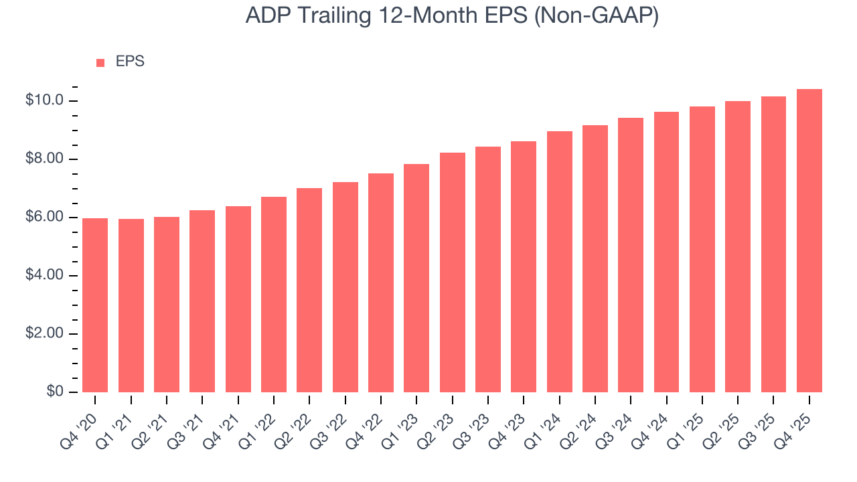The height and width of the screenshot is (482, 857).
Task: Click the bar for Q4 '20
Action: point(95,305)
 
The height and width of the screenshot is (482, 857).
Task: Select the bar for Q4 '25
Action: point(809,241)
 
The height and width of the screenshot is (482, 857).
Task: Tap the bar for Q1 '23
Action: point(416,278)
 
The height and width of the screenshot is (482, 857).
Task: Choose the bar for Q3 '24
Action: point(631,255)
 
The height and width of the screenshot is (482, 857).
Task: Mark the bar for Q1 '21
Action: point(131,306)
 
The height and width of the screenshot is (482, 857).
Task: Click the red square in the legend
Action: point(100,62)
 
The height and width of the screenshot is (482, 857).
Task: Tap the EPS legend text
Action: point(130,62)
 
